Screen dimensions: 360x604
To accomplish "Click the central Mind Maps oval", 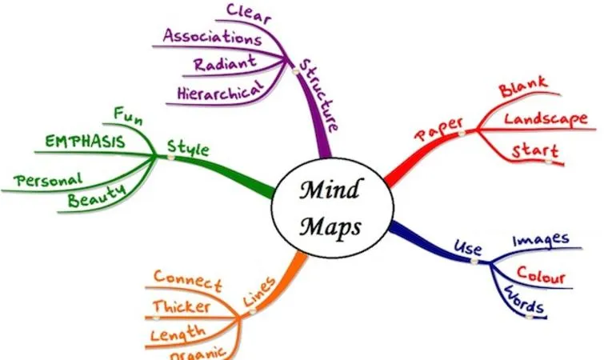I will click(x=330, y=206).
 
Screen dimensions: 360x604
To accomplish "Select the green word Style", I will click(x=188, y=148).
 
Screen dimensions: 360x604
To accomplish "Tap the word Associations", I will click(x=212, y=37).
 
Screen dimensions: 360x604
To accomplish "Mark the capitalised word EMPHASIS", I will click(x=85, y=142).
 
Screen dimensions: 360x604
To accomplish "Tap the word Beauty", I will click(x=97, y=194).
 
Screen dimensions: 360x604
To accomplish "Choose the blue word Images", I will click(x=540, y=239).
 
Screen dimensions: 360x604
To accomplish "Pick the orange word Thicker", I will click(x=182, y=306).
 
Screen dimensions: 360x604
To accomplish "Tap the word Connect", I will click(x=188, y=279).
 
